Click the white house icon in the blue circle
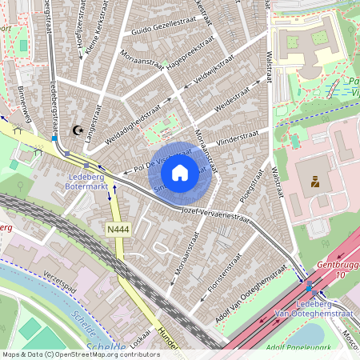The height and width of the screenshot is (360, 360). (x=180, y=172)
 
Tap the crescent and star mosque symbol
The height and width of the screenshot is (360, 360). (x=78, y=130)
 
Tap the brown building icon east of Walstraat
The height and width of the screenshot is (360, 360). (x=315, y=182)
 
